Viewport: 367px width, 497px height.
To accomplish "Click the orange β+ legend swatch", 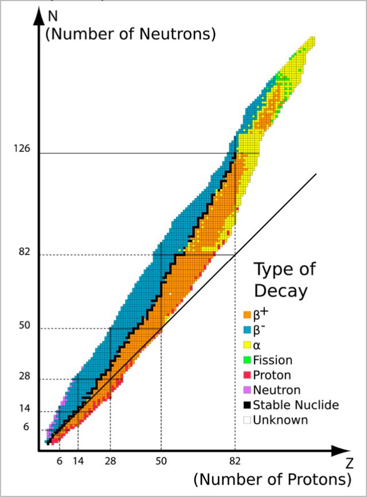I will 247,315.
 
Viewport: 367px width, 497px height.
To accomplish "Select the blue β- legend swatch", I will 247,330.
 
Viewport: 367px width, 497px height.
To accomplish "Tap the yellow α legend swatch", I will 247,345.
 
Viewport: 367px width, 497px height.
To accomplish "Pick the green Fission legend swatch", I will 247,361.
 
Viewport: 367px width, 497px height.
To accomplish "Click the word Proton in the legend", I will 272,376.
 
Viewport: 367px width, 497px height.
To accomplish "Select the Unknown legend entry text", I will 280,420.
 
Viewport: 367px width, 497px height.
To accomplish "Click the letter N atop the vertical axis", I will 53,13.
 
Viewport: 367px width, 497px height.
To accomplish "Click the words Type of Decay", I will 284,279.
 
